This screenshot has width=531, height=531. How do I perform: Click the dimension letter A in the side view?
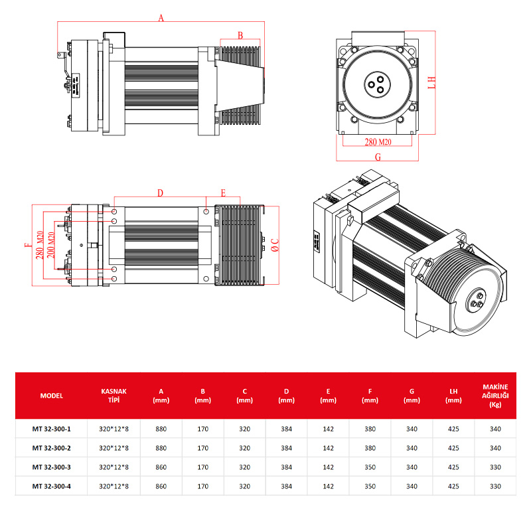(161, 19)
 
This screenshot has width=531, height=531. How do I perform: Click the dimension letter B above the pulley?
(241, 35)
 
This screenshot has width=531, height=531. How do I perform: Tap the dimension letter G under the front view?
(378, 157)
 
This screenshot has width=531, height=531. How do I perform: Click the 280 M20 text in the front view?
(378, 141)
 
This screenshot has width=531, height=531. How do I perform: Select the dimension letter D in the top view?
(160, 193)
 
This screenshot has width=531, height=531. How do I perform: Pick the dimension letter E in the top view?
(223, 193)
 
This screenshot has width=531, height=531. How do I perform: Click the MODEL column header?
(52, 395)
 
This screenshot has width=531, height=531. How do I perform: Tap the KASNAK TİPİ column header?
(114, 395)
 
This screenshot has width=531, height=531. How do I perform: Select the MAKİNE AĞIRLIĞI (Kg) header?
(494, 395)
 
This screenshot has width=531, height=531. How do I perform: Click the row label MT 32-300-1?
(52, 429)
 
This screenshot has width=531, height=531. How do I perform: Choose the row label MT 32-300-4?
(52, 486)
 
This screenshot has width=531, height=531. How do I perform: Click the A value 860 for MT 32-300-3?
(161, 467)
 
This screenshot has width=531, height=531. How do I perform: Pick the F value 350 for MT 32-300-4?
(370, 486)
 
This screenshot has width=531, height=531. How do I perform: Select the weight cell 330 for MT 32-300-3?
(494, 467)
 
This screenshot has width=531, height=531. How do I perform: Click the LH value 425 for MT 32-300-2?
(453, 448)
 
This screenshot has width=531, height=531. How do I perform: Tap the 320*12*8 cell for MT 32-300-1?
(114, 429)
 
